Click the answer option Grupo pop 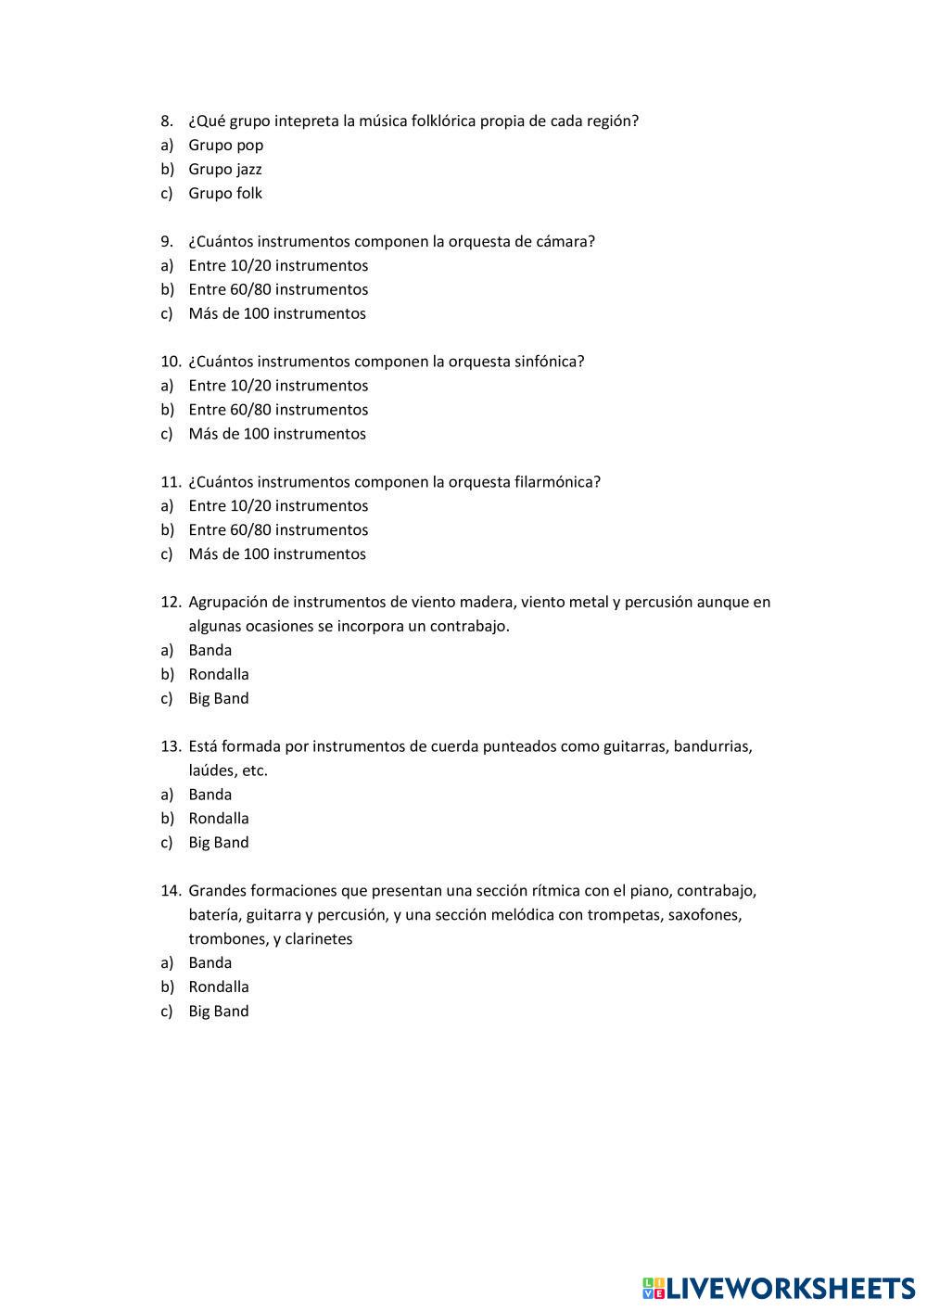(225, 146)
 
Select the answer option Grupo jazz (225, 170)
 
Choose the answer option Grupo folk (225, 194)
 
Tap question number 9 (167, 242)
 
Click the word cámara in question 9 (565, 242)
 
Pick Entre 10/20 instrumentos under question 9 (278, 266)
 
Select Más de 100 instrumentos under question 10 (277, 434)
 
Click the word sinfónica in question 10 (549, 362)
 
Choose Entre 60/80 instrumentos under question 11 (278, 530)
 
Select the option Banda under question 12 (210, 651)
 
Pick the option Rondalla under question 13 (219, 819)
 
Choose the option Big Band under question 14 (219, 1012)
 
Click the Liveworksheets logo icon (654, 1288)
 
